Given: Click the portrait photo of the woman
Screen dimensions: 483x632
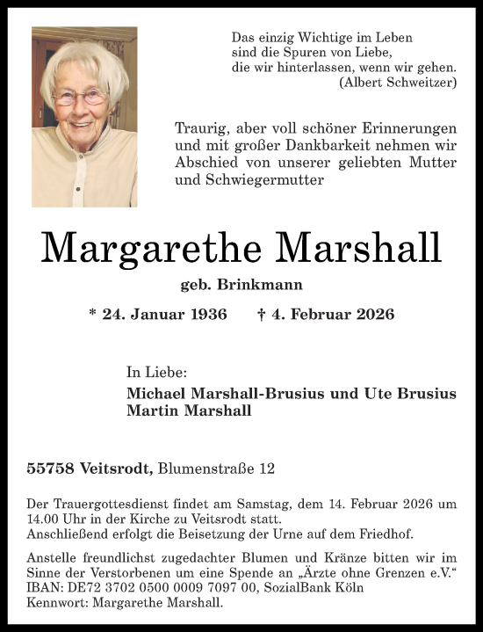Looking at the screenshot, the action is [x=83, y=116].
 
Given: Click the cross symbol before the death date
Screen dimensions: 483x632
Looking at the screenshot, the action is [x=262, y=314].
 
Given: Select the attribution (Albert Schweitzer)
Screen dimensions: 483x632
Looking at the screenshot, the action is [x=397, y=82].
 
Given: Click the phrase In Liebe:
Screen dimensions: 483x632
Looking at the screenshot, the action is [x=156, y=373].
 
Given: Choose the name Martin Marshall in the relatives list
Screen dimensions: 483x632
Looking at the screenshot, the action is [x=190, y=410].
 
